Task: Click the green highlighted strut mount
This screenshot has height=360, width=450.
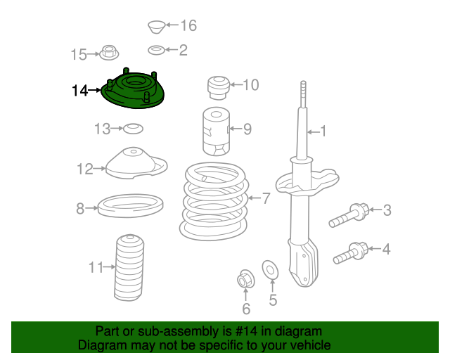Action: tap(133, 91)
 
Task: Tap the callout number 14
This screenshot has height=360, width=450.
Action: tap(79, 91)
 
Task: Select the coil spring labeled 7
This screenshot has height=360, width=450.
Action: tap(214, 201)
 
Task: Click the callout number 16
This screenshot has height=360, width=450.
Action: tap(188, 25)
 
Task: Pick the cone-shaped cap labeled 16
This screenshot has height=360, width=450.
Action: tap(156, 27)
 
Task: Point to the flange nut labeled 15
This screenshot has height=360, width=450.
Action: tap(109, 53)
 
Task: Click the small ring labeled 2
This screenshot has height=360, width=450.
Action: tap(156, 50)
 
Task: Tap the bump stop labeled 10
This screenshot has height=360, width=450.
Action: tap(219, 88)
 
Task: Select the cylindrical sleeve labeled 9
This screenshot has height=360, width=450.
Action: tap(216, 131)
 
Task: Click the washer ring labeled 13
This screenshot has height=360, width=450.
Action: tap(133, 129)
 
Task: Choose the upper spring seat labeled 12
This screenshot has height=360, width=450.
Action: tap(136, 163)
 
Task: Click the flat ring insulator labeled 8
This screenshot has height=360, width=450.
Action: tap(131, 205)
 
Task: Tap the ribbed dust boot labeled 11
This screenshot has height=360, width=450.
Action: tap(129, 268)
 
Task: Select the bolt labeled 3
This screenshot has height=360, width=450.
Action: tap(349, 215)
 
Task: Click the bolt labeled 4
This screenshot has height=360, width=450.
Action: tap(351, 253)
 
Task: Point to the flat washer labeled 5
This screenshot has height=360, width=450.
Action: tap(270, 269)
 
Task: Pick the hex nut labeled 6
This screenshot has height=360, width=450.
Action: tap(245, 278)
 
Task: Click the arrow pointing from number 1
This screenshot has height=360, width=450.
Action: tap(313, 132)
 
